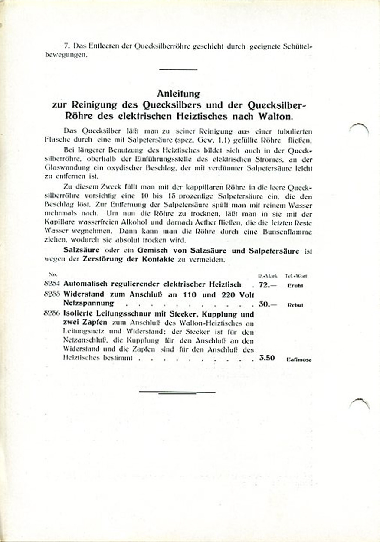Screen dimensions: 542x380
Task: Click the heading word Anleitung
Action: coord(178,94)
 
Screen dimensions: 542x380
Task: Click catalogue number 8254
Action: coord(54,285)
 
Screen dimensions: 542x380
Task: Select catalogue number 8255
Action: coord(54,294)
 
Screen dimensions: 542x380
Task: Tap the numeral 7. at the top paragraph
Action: coord(66,46)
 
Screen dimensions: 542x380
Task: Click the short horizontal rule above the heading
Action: coord(178,69)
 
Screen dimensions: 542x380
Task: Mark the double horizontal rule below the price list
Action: coord(177,392)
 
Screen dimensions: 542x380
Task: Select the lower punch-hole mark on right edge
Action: coord(360,404)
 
